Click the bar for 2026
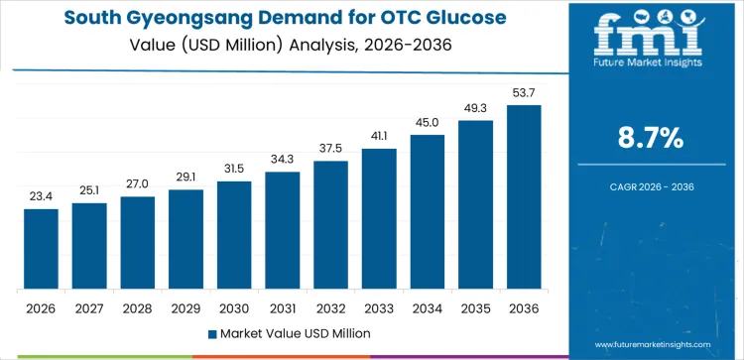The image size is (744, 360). pos(41,249)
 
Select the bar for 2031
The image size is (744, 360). pos(283,230)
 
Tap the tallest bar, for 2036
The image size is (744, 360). pos(524,197)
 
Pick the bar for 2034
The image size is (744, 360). pos(428,211)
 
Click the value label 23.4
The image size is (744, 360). pos(41,196)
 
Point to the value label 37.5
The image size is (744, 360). pos(331,149)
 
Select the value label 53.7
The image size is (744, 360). pos(524,92)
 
